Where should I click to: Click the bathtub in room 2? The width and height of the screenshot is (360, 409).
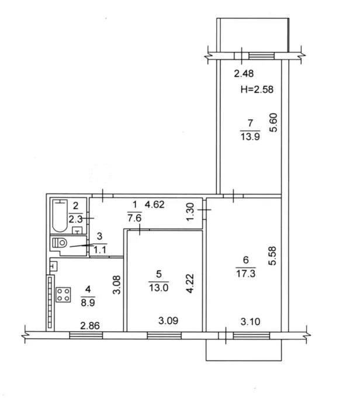pyautogui.click(x=60, y=216)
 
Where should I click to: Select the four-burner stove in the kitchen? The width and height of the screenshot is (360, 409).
pyautogui.click(x=63, y=294)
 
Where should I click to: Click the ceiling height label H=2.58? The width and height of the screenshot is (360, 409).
pyautogui.click(x=257, y=89)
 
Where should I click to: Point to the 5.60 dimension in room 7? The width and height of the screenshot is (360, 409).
pyautogui.click(x=274, y=123)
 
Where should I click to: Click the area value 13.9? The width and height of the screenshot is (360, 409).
pyautogui.click(x=250, y=136)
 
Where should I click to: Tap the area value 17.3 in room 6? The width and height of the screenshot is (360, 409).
pyautogui.click(x=245, y=273)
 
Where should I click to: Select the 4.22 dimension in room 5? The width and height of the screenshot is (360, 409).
pyautogui.click(x=191, y=283)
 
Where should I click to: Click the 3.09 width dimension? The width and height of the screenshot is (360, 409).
pyautogui.click(x=168, y=321)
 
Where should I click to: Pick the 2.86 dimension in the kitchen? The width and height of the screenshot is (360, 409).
pyautogui.click(x=90, y=326)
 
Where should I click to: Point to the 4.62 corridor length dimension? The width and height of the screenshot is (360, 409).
pyautogui.click(x=154, y=204)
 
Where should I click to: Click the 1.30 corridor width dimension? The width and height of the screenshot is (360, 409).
pyautogui.click(x=191, y=212)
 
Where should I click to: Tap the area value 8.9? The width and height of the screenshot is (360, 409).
pyautogui.click(x=88, y=303)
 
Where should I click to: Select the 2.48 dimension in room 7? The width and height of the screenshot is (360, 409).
pyautogui.click(x=244, y=74)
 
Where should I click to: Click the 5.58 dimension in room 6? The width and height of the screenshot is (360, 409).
pyautogui.click(x=272, y=256)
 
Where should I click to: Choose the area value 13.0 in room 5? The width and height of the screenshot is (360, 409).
pyautogui.click(x=158, y=287)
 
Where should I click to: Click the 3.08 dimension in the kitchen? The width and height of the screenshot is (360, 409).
pyautogui.click(x=117, y=285)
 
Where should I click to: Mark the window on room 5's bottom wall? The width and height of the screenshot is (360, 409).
pyautogui.click(x=164, y=335)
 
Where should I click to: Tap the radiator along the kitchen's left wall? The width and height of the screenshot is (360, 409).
pyautogui.click(x=50, y=302)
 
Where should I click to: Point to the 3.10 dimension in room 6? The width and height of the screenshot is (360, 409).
pyautogui.click(x=250, y=321)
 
